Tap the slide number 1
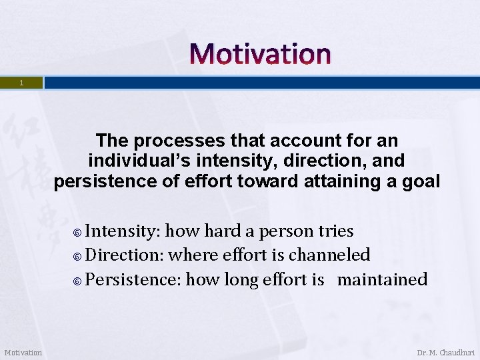point(21,83)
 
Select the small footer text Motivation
point(23,353)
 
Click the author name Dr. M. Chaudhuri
point(445,353)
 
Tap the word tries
point(336,231)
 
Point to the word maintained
point(382,279)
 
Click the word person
point(287,231)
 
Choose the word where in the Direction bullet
point(192,255)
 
